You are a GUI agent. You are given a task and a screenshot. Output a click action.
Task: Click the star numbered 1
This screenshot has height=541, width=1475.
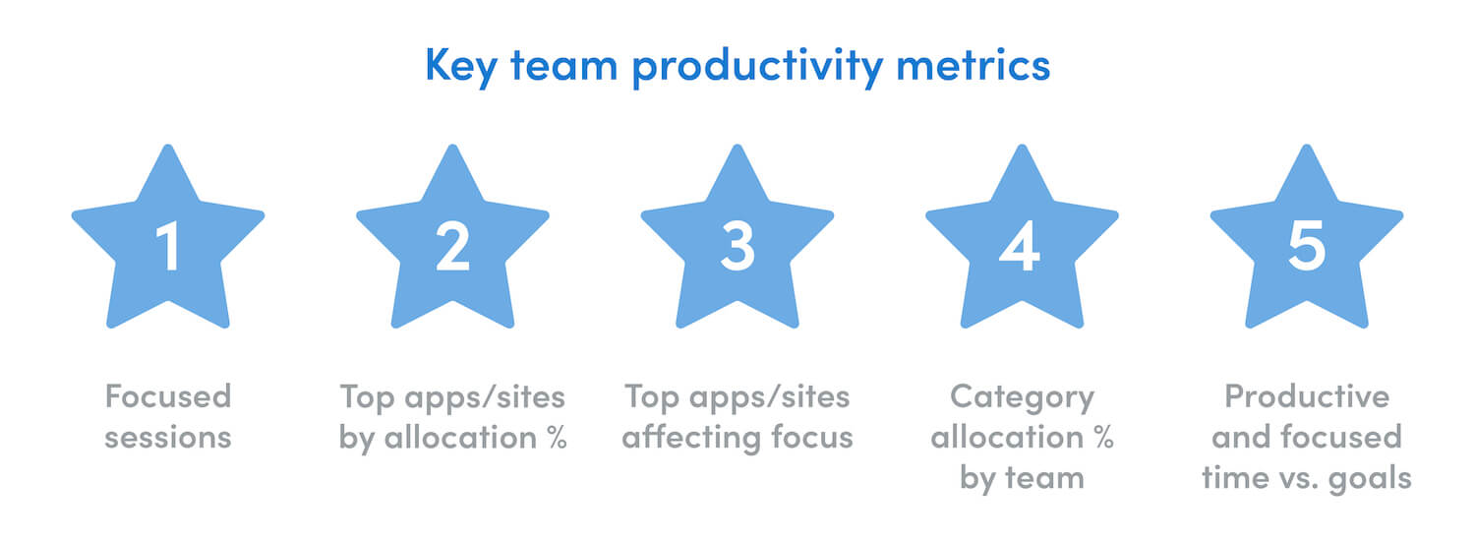[168, 246]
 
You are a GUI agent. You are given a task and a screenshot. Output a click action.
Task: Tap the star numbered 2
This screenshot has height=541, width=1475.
[452, 246]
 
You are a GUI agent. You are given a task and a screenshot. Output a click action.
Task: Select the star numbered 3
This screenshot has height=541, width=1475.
[737, 246]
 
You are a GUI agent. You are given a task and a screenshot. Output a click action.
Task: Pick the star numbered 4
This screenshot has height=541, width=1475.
[1022, 246]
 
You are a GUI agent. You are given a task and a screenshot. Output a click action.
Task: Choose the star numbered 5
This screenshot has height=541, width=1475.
[1307, 246]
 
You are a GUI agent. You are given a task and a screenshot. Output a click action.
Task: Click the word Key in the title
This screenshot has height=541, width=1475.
[461, 66]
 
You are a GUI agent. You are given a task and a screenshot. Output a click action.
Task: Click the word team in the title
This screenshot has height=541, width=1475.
[568, 66]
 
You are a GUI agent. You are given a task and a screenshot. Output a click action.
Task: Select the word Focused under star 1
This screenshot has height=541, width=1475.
[168, 396]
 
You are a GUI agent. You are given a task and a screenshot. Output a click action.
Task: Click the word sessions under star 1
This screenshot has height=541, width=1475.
[168, 437]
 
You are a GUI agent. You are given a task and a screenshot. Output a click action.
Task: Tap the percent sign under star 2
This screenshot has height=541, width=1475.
[558, 437]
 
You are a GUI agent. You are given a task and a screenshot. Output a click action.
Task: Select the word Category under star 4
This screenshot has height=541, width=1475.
[1022, 397]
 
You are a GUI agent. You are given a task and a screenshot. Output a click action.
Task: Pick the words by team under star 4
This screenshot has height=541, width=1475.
[1022, 478]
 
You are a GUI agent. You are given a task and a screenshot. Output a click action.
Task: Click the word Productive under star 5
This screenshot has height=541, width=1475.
[1307, 396]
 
